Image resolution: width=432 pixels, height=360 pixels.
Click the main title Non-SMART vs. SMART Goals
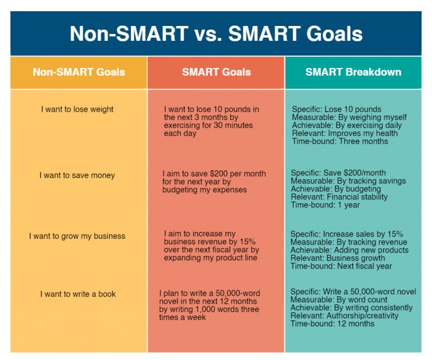(215, 33)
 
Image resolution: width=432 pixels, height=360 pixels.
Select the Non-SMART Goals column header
(78, 72)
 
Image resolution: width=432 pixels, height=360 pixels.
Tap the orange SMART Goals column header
(216, 72)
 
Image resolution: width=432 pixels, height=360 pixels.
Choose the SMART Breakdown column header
(353, 72)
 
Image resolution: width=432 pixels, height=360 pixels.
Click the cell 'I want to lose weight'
(77, 109)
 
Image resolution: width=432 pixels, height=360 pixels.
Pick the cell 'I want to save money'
(77, 175)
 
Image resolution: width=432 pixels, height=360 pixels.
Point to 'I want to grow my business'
(77, 236)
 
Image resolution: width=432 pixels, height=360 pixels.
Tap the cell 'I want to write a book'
(78, 294)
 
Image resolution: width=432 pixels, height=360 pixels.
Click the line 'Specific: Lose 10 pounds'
(336, 109)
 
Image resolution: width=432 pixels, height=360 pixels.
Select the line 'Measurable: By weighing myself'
(349, 117)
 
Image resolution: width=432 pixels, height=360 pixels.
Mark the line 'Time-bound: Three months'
(340, 141)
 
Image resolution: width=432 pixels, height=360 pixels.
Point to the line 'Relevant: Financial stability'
(339, 197)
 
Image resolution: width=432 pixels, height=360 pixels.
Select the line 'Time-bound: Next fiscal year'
(341, 266)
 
